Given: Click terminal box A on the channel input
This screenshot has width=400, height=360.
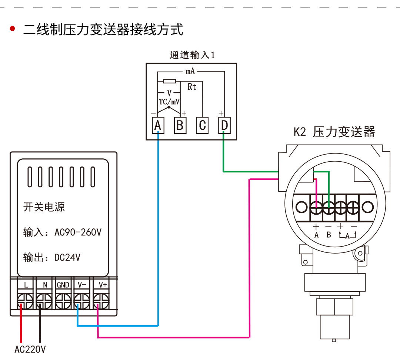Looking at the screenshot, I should pyautogui.click(x=158, y=126).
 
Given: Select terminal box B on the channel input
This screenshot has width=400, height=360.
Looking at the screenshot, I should pyautogui.click(x=180, y=126).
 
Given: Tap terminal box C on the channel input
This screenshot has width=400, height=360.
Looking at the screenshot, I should pyautogui.click(x=202, y=126).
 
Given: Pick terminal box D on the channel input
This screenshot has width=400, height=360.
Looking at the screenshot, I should pyautogui.click(x=224, y=126).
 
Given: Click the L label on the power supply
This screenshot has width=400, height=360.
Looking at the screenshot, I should pyautogui.click(x=26, y=285).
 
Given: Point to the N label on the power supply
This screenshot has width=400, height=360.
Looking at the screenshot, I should pyautogui.click(x=45, y=285).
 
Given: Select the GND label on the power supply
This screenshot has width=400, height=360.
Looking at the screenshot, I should pyautogui.click(x=63, y=285).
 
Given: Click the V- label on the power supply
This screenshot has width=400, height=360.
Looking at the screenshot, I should pyautogui.click(x=82, y=285).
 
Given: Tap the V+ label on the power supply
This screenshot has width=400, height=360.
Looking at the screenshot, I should pyautogui.click(x=103, y=285).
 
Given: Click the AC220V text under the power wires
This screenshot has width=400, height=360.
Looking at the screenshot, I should pyautogui.click(x=30, y=349).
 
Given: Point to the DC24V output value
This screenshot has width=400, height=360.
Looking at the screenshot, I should pyautogui.click(x=67, y=257).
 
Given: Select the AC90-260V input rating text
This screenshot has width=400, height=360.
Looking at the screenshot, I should pyautogui.click(x=78, y=232).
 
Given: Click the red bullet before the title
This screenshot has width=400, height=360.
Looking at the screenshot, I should pyautogui.click(x=13, y=29).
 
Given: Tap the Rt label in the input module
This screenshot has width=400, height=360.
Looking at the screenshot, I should pyautogui.click(x=192, y=87).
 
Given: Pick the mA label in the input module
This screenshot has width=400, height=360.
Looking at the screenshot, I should pyautogui.click(x=190, y=71).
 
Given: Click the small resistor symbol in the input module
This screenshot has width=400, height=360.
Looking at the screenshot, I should pyautogui.click(x=170, y=81).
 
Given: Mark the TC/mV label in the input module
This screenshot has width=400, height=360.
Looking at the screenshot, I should pyautogui.click(x=169, y=102).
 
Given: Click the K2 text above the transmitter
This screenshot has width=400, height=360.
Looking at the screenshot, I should pyautogui.click(x=300, y=132).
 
